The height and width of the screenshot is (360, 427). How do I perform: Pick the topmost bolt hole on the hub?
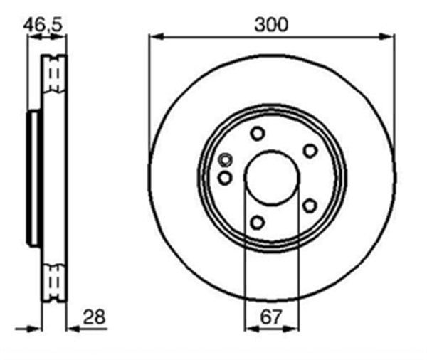[x=258, y=133]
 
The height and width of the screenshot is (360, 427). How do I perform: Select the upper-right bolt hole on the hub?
[x=310, y=150]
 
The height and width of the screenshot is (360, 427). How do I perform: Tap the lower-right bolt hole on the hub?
[x=310, y=206]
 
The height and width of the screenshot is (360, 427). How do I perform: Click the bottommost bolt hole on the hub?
[x=258, y=223]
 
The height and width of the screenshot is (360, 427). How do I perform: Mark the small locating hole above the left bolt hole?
[x=226, y=159]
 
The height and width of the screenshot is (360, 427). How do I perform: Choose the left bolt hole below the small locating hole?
[x=225, y=178]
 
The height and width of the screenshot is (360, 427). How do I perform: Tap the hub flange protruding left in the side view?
[x=34, y=178]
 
